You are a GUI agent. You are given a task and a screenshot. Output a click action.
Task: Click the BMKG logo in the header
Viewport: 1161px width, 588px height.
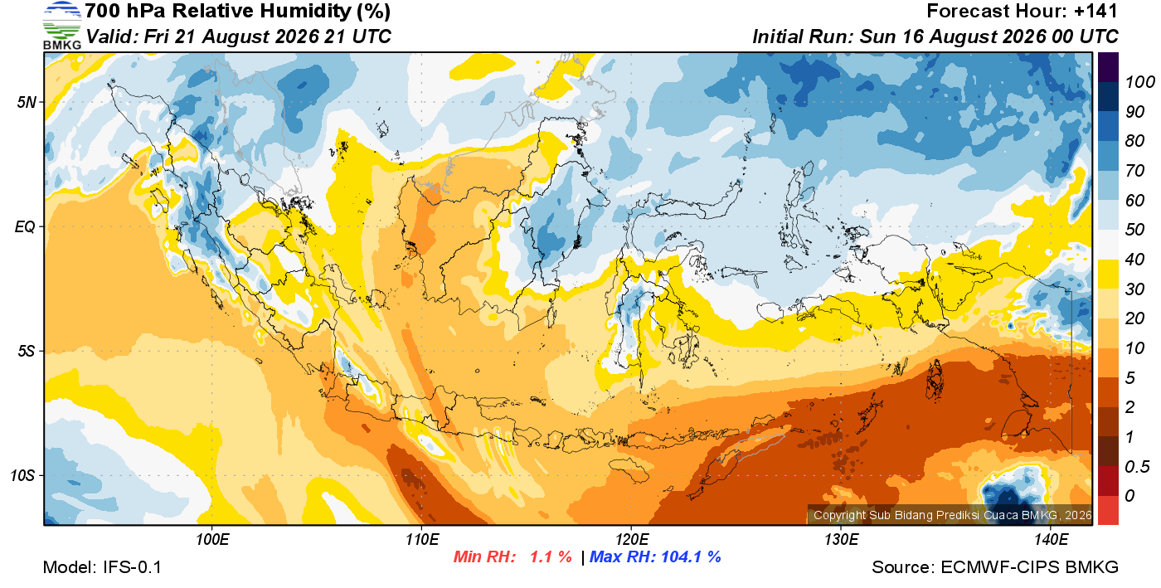click(x=62, y=26)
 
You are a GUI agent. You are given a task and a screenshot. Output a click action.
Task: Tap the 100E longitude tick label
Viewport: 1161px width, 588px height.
click(x=212, y=540)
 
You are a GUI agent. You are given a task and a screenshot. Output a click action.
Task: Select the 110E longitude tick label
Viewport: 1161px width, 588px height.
click(x=422, y=540)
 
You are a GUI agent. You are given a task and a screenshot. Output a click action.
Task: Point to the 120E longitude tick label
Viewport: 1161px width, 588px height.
click(x=632, y=540)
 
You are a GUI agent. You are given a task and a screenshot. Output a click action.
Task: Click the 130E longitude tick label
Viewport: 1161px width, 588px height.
click(x=841, y=540)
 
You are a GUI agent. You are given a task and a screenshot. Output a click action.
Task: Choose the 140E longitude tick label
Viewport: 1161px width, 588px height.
click(x=1051, y=540)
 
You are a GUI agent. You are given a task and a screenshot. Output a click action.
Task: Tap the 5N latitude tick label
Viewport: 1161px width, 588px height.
click(x=27, y=102)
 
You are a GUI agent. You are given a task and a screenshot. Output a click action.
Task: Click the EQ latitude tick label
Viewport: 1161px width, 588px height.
click(x=26, y=227)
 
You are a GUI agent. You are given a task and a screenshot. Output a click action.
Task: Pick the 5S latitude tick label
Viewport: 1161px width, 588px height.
click(x=27, y=352)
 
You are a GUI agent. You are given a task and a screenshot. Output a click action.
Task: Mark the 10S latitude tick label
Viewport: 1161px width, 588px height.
click(x=23, y=476)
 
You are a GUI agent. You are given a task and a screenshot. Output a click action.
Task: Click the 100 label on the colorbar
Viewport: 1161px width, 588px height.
click(x=1139, y=82)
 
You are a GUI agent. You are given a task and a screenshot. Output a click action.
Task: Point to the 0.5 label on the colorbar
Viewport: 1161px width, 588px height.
click(x=1137, y=467)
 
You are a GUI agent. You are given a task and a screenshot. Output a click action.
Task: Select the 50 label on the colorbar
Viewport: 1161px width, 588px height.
click(x=1134, y=229)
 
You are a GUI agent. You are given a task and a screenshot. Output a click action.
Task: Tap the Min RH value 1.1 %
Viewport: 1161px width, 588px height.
click(x=551, y=556)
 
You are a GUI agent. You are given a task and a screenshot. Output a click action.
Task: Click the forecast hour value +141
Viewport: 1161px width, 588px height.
click(x=1095, y=11)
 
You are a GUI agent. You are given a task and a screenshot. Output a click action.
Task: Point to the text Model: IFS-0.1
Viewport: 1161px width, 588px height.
click(x=102, y=567)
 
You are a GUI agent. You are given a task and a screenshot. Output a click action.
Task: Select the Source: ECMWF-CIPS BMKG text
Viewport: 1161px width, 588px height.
click(x=995, y=567)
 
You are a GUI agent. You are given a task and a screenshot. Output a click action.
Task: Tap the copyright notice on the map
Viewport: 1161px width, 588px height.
click(x=952, y=515)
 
